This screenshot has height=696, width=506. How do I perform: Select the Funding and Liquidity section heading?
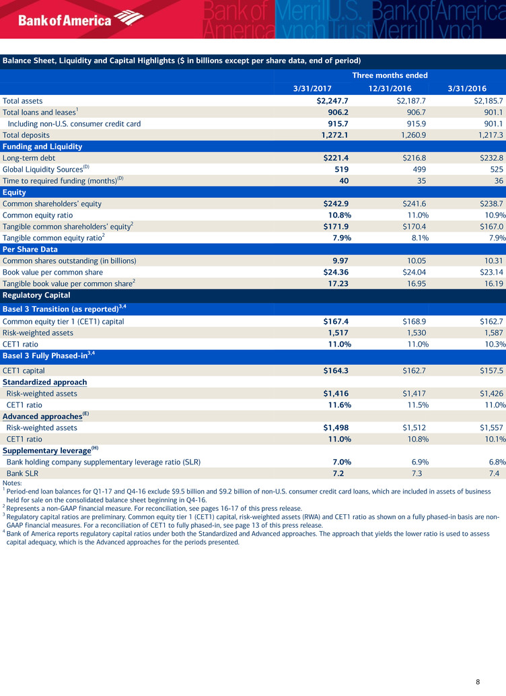tap(42, 146)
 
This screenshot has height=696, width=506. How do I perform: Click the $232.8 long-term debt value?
tap(489, 158)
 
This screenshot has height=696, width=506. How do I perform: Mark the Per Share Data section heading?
tap(31, 249)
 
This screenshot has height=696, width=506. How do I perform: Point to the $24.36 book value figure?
tap(332, 272)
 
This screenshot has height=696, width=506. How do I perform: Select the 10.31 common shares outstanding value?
tap(493, 260)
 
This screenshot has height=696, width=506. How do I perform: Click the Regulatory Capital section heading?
tap(36, 295)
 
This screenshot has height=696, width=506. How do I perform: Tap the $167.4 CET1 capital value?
tap(332, 322)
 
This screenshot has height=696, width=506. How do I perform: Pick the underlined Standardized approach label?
tap(44, 382)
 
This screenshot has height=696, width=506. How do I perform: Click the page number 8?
tap(478, 682)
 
